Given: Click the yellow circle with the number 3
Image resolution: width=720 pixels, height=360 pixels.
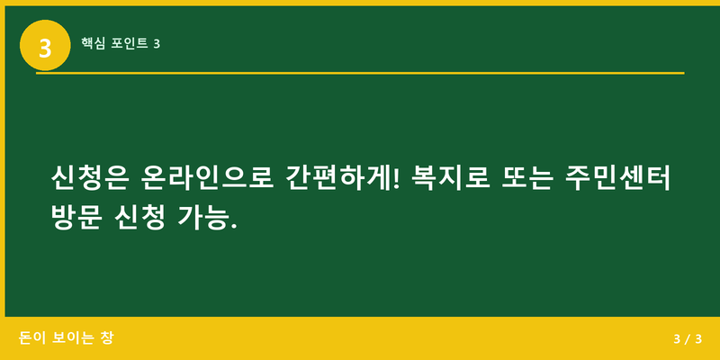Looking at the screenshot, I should click(x=45, y=44).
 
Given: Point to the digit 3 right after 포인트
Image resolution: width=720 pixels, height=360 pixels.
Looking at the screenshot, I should click(x=157, y=42).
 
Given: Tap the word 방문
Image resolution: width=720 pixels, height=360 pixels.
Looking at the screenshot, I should click(x=79, y=217).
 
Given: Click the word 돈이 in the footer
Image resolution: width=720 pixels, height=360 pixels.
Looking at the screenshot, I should click(x=31, y=337).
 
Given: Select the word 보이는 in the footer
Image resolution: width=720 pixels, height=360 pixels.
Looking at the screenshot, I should click(x=72, y=337).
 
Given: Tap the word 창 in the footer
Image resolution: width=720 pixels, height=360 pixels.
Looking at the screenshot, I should click(x=107, y=337).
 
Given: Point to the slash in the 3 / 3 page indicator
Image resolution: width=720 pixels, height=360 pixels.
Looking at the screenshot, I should click(x=687, y=339).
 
